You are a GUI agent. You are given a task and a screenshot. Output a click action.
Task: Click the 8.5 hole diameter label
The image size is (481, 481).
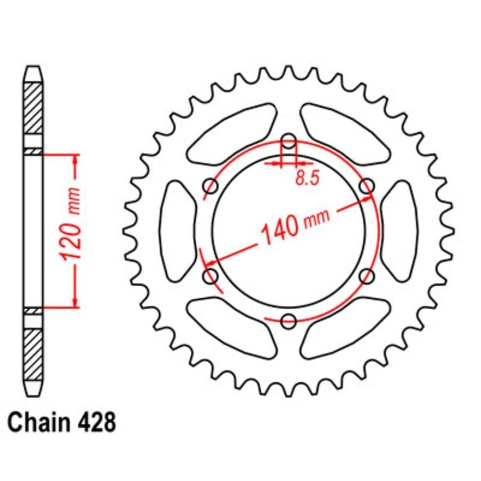(307, 178)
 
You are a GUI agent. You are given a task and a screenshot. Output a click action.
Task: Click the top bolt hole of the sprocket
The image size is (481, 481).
(288, 142)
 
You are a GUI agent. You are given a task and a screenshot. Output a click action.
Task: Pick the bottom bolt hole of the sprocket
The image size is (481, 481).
(288, 321)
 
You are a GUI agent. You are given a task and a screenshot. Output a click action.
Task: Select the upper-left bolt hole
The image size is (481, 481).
(211, 186)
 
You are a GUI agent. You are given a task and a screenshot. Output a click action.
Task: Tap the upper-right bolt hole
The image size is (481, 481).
(367, 186)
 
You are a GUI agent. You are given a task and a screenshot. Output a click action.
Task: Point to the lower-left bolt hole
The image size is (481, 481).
(211, 277)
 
